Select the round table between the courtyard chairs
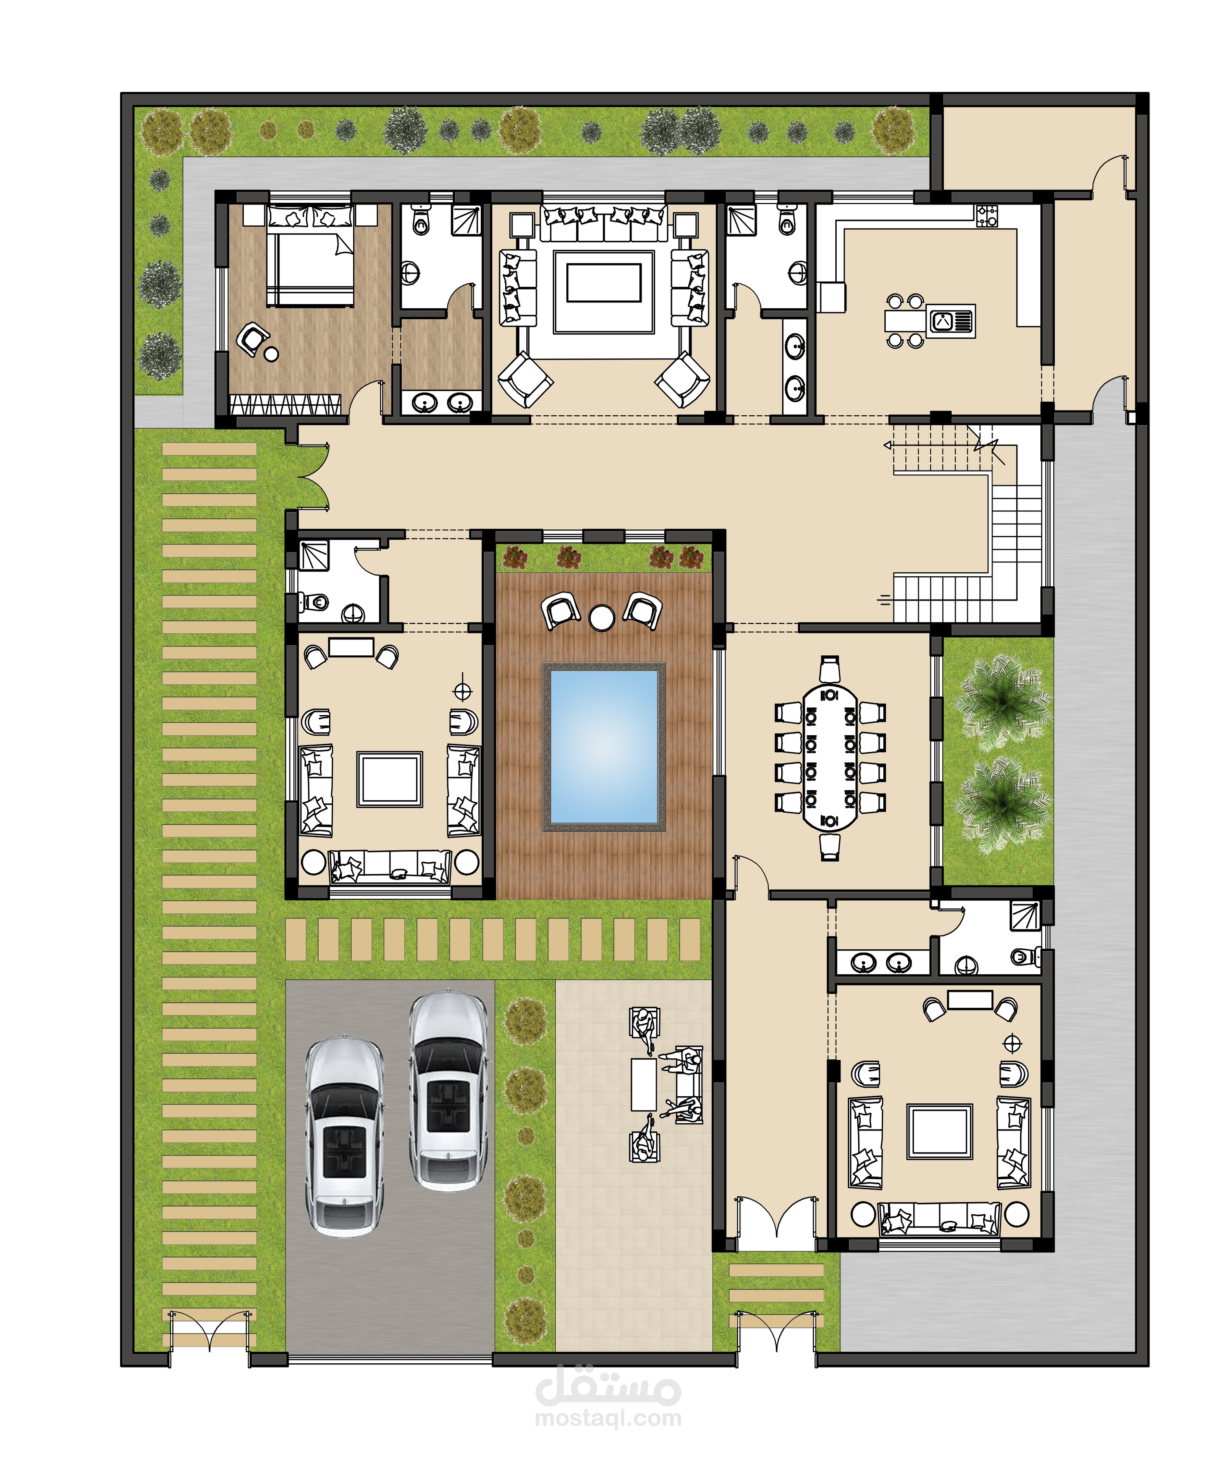coord(601,617)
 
